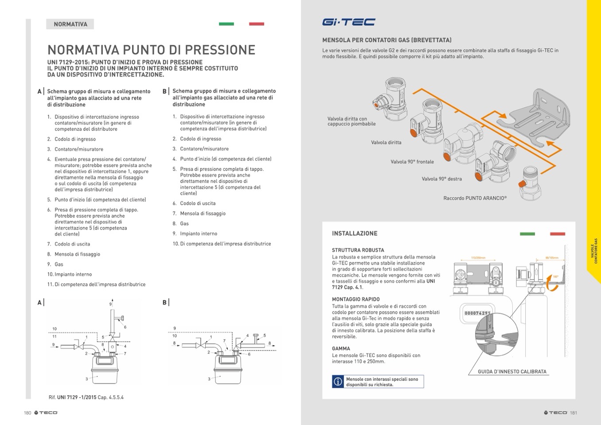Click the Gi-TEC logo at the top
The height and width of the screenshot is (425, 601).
[348, 22]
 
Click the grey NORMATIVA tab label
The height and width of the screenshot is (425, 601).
[70, 24]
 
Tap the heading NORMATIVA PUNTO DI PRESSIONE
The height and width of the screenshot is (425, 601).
[151, 50]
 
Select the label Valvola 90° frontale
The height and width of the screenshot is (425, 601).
[412, 162]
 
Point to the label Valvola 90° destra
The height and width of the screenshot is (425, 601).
[441, 179]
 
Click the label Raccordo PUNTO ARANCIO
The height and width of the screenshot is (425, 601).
[475, 198]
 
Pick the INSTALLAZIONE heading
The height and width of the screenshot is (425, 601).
[355, 234]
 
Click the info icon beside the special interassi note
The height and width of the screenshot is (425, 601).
[338, 382]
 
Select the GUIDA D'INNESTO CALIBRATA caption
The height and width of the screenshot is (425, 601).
[512, 372]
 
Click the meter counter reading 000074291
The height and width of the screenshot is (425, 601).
[477, 313]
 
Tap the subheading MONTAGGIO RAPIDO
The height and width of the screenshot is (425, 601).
[355, 299]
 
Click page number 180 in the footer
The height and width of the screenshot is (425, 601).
[27, 413]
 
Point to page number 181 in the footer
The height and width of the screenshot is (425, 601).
[574, 413]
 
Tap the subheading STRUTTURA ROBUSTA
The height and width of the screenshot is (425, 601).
[358, 250]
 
